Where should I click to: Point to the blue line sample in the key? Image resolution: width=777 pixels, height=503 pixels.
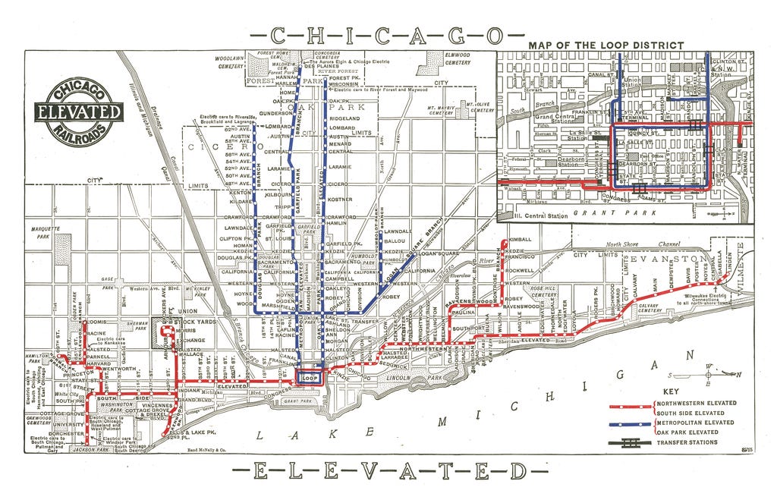[631, 422]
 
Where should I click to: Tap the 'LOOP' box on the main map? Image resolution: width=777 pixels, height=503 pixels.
[309, 377]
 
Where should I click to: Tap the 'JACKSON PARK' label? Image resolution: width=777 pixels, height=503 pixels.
[86, 450]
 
